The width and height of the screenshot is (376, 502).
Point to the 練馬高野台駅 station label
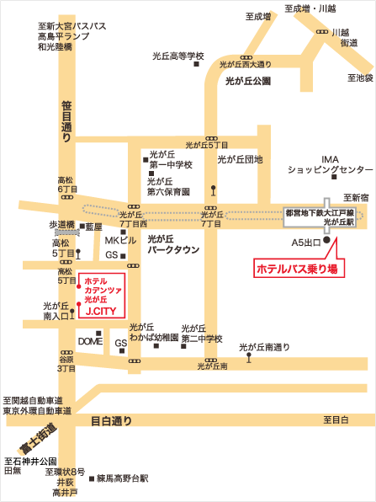122,478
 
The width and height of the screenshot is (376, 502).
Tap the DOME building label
89,340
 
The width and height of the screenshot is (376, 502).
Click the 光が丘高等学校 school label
178,56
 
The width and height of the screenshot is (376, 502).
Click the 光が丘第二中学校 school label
200,334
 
